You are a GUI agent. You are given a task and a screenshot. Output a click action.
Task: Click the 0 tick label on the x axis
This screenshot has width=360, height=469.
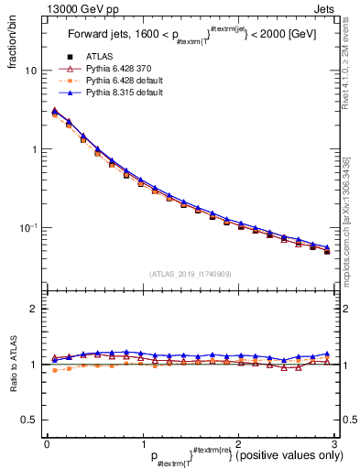(x=47, y=442)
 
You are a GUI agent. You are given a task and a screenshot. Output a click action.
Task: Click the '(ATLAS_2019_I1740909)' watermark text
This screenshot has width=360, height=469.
(x=191, y=274)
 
